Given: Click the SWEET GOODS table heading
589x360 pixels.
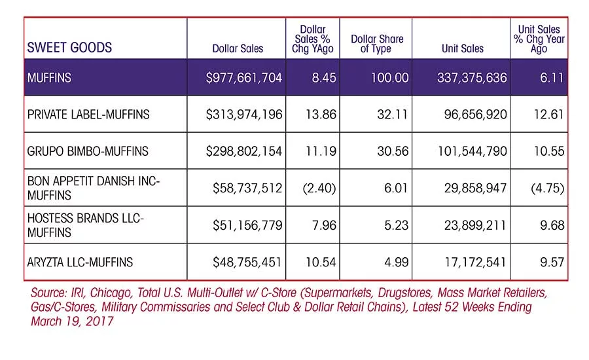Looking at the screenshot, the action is [x=69, y=47].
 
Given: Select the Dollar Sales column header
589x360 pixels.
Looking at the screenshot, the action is [x=238, y=48].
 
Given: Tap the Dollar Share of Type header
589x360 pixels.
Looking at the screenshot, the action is [x=377, y=44].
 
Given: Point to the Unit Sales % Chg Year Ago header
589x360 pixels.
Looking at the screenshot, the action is [x=539, y=39].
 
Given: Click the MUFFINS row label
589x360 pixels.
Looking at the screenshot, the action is [x=49, y=78].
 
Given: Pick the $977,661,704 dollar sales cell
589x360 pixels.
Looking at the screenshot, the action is [x=244, y=78].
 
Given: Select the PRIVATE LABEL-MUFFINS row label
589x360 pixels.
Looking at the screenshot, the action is [x=88, y=115].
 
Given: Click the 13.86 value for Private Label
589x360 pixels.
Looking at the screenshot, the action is [x=321, y=115].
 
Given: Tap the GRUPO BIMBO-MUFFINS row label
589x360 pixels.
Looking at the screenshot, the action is [x=88, y=151].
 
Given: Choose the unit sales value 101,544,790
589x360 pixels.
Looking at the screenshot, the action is [x=472, y=151].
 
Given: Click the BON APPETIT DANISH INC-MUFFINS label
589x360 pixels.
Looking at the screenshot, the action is [x=94, y=188].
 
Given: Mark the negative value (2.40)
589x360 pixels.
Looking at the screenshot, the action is [x=319, y=188].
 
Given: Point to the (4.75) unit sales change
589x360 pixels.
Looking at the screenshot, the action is [x=548, y=188].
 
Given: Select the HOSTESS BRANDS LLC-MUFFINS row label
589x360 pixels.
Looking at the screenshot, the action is [x=85, y=225].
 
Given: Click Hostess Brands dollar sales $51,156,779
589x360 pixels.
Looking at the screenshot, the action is [x=247, y=225].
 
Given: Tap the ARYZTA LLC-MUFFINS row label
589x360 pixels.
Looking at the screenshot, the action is [x=80, y=262].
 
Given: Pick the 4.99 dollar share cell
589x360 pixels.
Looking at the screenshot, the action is [x=397, y=262].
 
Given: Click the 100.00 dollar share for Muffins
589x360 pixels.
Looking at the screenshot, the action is [x=389, y=78].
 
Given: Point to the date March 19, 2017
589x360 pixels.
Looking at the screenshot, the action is [x=72, y=321].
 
